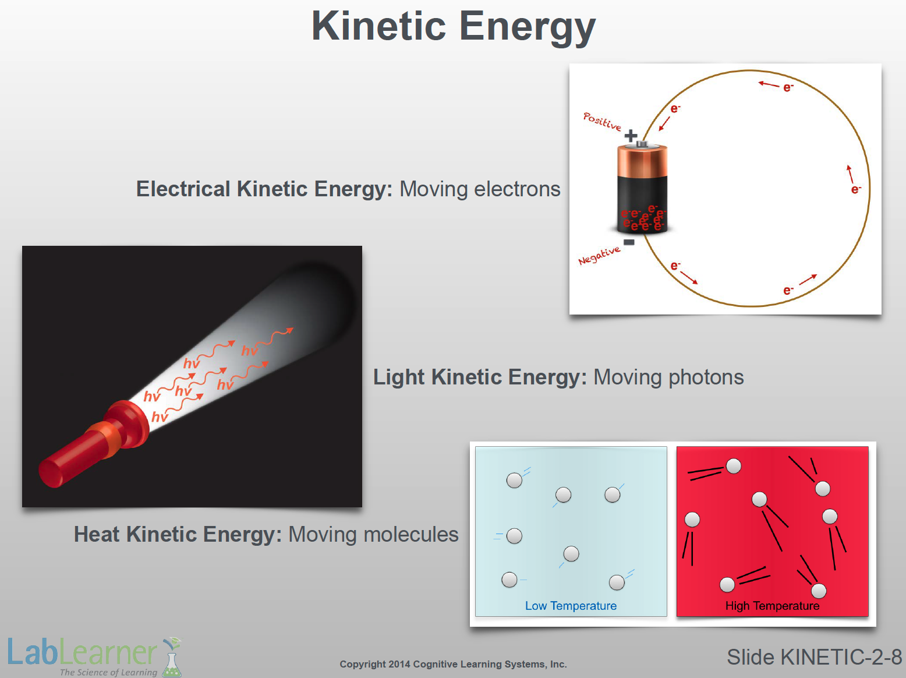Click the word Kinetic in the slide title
[378, 26]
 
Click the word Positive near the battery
[602, 121]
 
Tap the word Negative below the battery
[599, 255]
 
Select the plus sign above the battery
[631, 136]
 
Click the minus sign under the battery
[629, 242]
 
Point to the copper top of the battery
[642, 161]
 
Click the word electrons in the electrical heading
[517, 189]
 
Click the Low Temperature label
[571, 606]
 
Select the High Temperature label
[772, 606]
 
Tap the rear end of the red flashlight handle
[49, 474]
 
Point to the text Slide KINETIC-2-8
[815, 657]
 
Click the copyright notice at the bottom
[453, 664]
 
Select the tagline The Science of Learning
[108, 672]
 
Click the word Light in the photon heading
[399, 377]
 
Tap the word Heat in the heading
[97, 534]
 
